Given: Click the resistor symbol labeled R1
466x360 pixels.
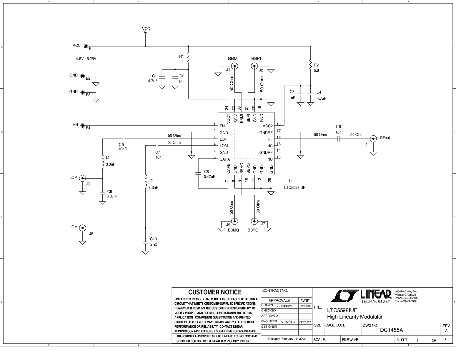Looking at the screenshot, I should [188, 59].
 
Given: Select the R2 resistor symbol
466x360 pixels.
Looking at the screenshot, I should [310, 64].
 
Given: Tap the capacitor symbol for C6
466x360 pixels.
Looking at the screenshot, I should [339, 139].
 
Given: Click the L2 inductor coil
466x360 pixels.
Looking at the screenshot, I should [145, 182].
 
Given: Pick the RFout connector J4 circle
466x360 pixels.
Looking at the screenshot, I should [373, 139].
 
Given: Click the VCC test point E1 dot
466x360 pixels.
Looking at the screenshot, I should [86, 46].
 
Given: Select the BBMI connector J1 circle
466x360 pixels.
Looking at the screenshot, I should [235, 66].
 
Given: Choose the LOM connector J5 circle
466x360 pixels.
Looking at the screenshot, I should [83, 228].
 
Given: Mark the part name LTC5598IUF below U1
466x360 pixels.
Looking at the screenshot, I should [294, 187].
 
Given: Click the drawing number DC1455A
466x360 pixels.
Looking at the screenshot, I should [391, 330].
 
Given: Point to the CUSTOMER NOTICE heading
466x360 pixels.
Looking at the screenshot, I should [215, 292].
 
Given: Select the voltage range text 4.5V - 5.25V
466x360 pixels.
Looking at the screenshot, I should [86, 59].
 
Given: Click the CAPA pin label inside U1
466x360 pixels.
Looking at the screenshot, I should [225, 159].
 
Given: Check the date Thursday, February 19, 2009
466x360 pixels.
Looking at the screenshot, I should [286, 339].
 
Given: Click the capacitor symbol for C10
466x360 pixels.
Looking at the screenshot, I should [145, 243].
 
